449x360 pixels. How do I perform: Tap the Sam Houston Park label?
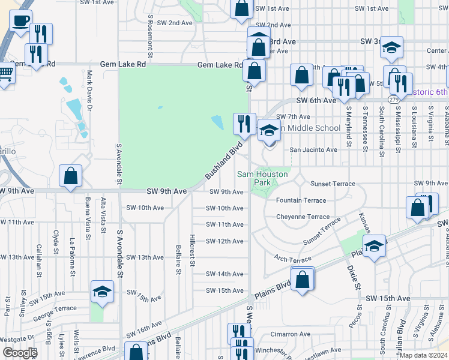coord(263,178)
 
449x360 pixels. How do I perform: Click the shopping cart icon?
coord(5,75)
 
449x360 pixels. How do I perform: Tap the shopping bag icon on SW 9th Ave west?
coord(71,176)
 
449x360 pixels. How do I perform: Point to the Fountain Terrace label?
coord(301,200)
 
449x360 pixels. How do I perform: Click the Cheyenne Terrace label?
coord(303,217)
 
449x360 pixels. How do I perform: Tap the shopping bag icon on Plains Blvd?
coord(303,279)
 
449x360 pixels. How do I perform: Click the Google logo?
coord(20,353)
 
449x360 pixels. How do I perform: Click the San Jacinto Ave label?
coord(314,149)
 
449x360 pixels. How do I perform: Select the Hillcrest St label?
coord(193,250)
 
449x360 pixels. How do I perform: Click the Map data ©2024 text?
coord(424,355)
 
